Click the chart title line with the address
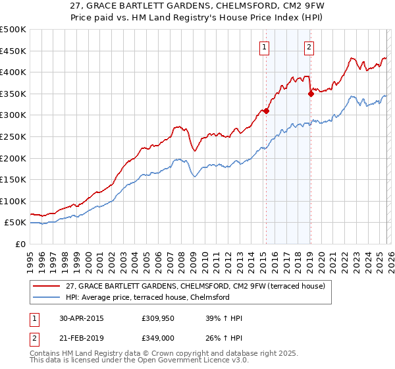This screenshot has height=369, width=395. (x=197, y=6)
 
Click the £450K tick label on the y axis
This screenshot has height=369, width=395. (x=13, y=51)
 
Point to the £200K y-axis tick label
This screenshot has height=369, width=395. (x=13, y=158)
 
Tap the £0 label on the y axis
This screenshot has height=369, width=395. (x=21, y=244)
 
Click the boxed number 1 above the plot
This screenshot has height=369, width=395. (x=264, y=46)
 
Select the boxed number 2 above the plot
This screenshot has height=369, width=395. (x=309, y=46)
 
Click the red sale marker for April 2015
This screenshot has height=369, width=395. (x=266, y=111)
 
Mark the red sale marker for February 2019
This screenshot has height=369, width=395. (x=311, y=94)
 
